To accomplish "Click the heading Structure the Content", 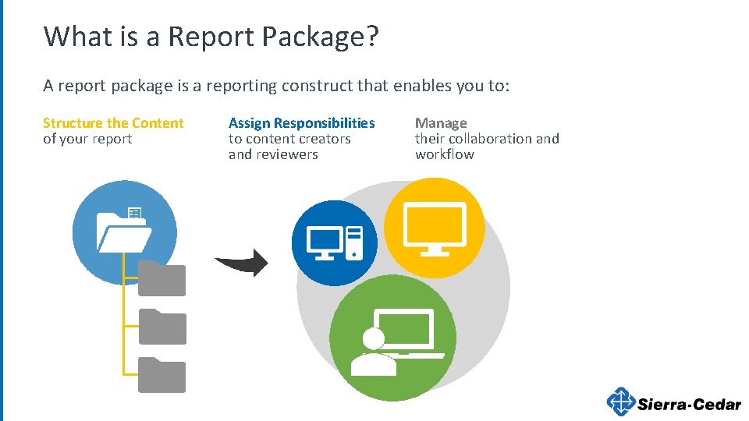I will [113, 123].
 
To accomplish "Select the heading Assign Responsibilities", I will [301, 123].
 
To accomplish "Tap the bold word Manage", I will [441, 123].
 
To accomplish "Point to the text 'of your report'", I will [87, 140].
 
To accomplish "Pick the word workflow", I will [445, 154].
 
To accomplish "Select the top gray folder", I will [162, 279].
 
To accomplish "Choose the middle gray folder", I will [162, 327].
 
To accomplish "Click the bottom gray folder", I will [162, 375].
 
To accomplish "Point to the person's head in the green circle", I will [374, 338].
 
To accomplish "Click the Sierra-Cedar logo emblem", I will [621, 402].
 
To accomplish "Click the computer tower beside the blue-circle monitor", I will [354, 242].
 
